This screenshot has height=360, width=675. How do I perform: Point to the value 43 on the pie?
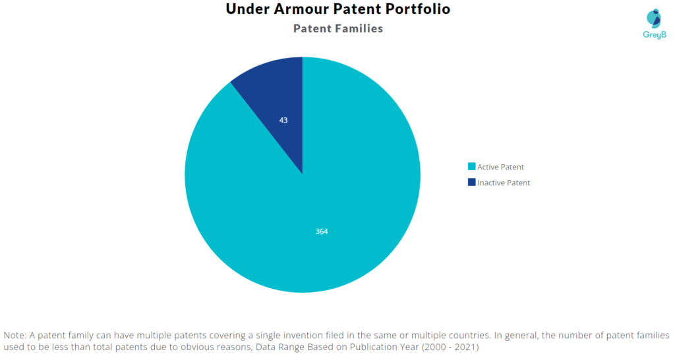tap(283, 120)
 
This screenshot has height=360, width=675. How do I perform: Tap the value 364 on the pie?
tap(322, 231)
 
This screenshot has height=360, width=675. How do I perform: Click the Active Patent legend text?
tap(500, 167)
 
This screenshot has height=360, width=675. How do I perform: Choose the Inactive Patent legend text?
tap(504, 183)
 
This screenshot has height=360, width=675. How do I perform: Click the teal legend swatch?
tap(471, 167)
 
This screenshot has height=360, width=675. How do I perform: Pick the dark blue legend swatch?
tap(471, 183)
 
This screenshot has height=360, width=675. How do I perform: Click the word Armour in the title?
tap(297, 10)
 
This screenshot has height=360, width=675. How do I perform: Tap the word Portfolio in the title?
tap(419, 10)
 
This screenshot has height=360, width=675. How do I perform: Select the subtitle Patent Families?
tap(337, 29)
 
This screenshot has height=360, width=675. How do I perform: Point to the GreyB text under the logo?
tap(653, 34)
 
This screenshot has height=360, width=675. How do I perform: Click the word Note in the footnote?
tap(15, 335)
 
